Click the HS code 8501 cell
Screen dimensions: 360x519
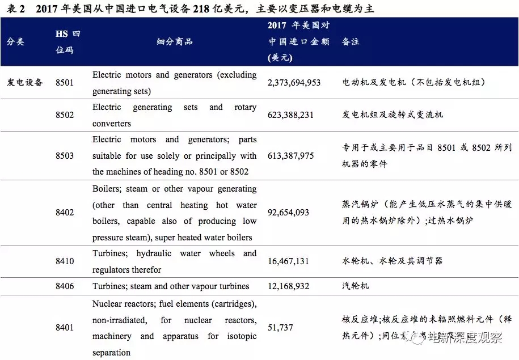pos(65,83)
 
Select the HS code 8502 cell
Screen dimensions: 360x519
pos(65,115)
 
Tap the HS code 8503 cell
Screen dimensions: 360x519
pos(65,156)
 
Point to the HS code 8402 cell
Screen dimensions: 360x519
pos(65,213)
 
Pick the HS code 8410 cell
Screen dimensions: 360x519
pos(65,261)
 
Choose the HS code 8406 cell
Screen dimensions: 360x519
pos(65,286)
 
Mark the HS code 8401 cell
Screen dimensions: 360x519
pos(65,328)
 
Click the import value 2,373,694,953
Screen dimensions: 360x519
pos(294,83)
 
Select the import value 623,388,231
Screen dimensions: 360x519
pos(290,115)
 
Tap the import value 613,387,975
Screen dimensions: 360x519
pos(290,156)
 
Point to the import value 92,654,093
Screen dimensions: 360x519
pos(288,213)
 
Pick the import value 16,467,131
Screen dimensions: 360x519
pos(288,261)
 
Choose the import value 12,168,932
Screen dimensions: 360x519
pos(288,286)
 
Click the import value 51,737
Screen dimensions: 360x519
pos(280,328)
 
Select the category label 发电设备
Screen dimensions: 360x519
pos(25,83)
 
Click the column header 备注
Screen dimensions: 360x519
pos(351,42)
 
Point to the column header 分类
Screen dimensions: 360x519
pos(15,42)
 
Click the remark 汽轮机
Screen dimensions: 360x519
pos(355,286)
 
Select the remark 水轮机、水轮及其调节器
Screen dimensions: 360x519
pos(392,261)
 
